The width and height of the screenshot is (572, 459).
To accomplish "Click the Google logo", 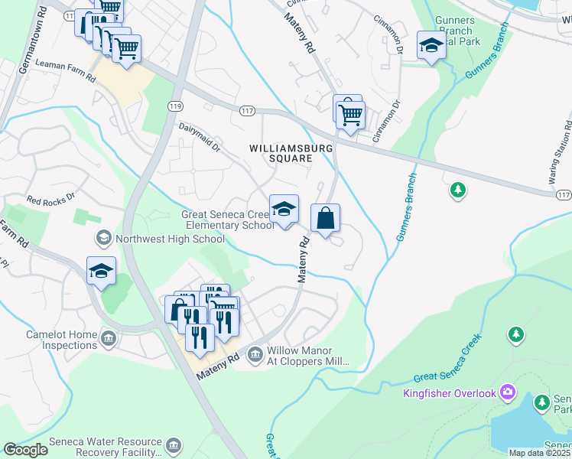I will (x=25, y=450).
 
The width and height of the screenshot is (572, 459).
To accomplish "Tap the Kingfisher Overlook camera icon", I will (x=508, y=392).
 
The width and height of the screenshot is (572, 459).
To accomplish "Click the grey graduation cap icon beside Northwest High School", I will (x=102, y=239).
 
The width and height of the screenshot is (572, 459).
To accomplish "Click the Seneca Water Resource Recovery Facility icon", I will (x=174, y=446).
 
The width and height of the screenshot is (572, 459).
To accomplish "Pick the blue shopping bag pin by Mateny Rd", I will (x=325, y=219).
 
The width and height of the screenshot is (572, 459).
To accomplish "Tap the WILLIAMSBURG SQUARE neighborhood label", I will (x=281, y=152).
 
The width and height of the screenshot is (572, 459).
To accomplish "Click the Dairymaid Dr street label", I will (x=199, y=137).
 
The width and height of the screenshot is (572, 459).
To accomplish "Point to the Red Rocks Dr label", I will (x=51, y=199).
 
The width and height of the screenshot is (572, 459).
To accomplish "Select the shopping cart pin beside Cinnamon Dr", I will (x=351, y=116).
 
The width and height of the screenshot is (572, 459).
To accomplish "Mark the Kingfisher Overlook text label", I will (x=450, y=393).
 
